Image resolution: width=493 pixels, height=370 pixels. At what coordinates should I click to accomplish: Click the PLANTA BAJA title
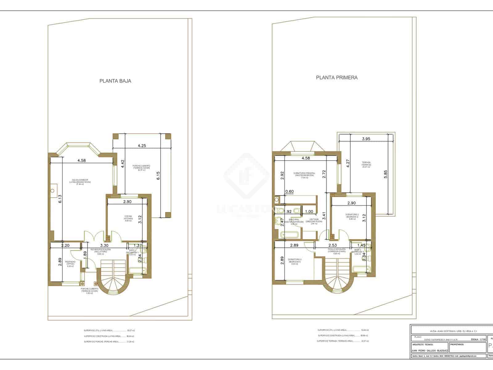(115, 81)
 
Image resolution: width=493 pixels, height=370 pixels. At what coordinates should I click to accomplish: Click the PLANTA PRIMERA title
(337, 78)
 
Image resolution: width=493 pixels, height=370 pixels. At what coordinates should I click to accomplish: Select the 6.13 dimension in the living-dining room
(60, 198)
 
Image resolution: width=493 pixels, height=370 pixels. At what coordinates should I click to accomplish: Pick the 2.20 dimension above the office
(65, 245)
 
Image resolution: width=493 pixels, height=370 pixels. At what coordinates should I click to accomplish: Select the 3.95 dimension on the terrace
(366, 139)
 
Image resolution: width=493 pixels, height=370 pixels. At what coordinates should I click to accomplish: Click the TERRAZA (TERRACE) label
(366, 164)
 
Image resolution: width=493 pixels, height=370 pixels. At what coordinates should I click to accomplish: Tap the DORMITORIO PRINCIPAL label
(304, 175)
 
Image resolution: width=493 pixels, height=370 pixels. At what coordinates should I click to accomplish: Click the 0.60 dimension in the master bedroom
(289, 191)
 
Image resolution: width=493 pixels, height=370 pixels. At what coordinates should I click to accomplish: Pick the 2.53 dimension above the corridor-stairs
(333, 245)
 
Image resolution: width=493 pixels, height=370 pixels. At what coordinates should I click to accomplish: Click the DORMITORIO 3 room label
(295, 261)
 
